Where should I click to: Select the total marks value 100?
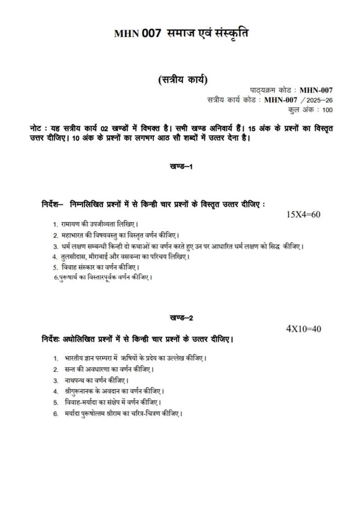click(x=327, y=110)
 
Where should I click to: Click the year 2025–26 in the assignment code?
click(x=319, y=100)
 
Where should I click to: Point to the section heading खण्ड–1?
click(x=180, y=167)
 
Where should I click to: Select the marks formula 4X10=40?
click(x=304, y=329)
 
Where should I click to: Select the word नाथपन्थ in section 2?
click(x=74, y=381)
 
